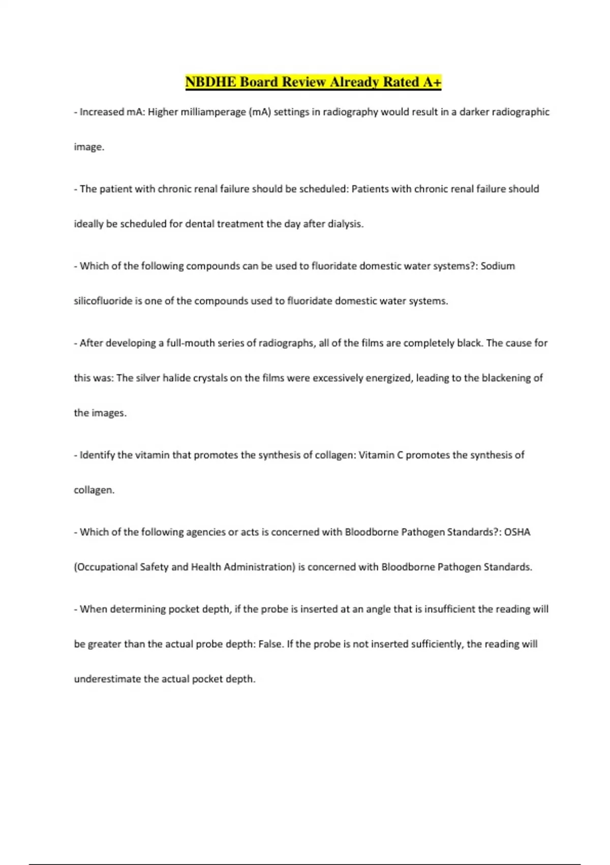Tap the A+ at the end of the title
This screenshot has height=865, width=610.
click(432, 82)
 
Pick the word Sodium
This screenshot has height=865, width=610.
click(498, 266)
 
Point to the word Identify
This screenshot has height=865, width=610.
click(97, 455)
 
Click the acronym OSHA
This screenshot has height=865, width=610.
click(517, 532)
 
